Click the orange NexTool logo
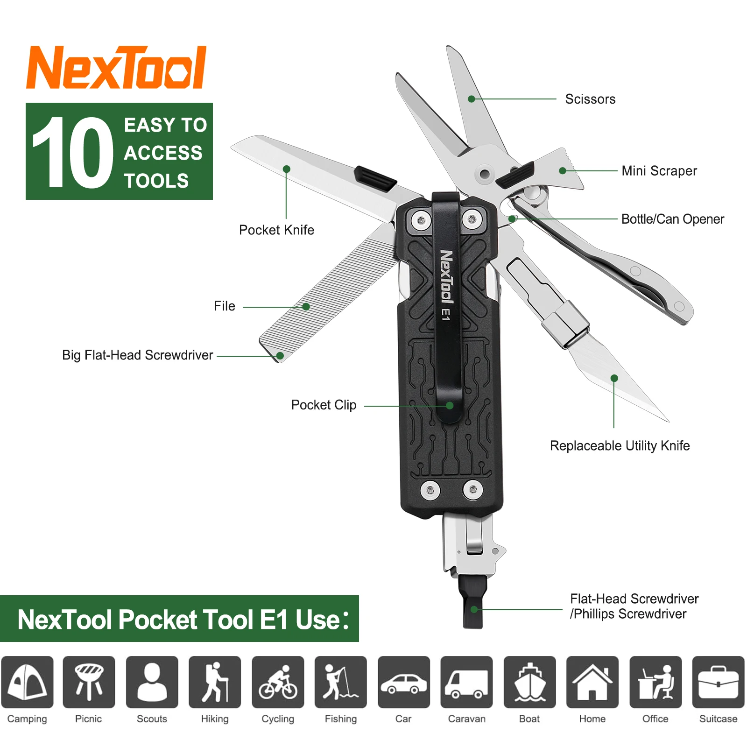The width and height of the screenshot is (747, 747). click(116, 68)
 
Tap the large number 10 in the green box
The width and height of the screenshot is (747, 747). click(72, 152)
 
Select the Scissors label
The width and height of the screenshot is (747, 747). click(590, 99)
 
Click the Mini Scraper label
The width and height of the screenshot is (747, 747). click(659, 171)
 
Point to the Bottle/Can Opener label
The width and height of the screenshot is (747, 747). click(672, 219)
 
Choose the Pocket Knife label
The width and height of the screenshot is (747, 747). click(276, 230)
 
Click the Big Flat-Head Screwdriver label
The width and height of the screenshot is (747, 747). click(138, 355)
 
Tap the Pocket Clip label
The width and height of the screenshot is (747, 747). click(324, 405)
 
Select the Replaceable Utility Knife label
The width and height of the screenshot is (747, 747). click(620, 446)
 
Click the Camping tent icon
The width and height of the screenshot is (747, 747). click(27, 682)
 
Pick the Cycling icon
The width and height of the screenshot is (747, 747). click(278, 682)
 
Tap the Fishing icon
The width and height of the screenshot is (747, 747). click(340, 682)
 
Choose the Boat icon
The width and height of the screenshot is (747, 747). click(529, 682)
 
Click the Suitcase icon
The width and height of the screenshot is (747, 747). click(718, 682)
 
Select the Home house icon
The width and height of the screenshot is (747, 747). click(592, 682)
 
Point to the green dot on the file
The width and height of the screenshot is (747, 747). click(306, 307)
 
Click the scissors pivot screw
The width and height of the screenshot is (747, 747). click(485, 174)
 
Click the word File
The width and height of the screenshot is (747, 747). click(225, 306)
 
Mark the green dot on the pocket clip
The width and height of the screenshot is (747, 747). click(450, 405)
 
